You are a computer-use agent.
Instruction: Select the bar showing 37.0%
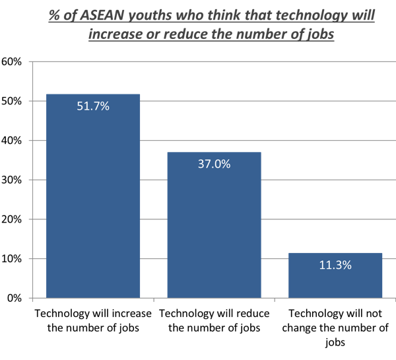[214, 225]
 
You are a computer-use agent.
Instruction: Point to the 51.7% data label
[92, 106]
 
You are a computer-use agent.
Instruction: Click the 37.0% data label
[214, 164]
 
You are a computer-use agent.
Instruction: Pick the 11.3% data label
[335, 265]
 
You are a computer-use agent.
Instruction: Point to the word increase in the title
[114, 34]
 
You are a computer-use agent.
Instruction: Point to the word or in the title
[147, 34]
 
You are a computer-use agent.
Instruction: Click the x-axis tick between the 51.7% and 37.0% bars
[153, 301]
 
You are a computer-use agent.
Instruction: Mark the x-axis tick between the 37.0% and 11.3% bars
[275, 301]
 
